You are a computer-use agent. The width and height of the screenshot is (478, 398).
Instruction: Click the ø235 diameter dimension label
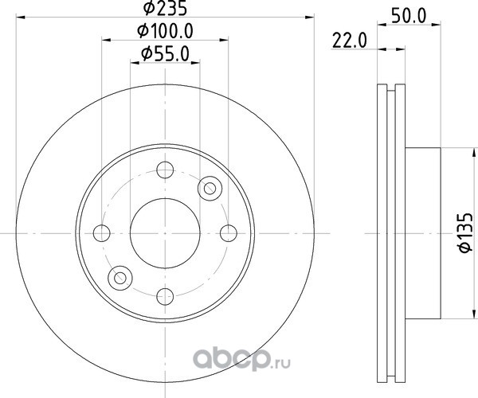(165, 8)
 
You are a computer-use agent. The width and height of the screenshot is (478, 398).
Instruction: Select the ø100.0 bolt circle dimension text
(165, 31)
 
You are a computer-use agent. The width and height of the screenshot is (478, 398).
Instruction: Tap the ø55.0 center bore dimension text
(165, 54)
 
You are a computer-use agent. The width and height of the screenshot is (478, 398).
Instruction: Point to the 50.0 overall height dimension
(409, 16)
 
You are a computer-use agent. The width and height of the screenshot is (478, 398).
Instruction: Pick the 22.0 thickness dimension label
(350, 41)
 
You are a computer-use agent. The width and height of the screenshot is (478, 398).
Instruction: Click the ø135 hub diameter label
(466, 233)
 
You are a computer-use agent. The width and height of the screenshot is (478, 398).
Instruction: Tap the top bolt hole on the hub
(165, 170)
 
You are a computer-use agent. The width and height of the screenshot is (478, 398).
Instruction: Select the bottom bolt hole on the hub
(165, 297)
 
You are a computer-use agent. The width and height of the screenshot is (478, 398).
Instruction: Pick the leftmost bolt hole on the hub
(101, 233)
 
